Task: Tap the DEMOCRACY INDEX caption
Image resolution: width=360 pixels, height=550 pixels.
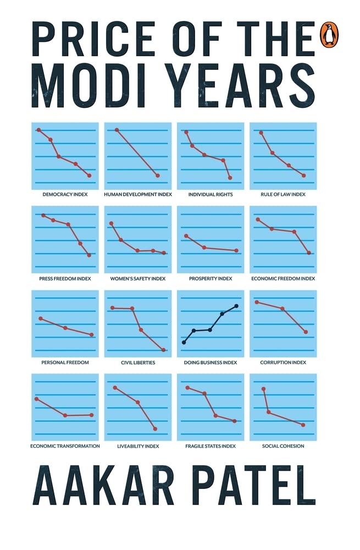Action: [65, 195]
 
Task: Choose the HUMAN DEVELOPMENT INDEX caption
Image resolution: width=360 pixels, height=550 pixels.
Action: [138, 195]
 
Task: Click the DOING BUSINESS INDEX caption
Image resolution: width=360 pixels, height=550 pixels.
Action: [211, 363]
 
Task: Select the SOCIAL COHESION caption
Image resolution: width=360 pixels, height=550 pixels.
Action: [283, 446]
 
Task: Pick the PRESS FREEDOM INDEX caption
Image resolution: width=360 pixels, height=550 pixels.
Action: [65, 279]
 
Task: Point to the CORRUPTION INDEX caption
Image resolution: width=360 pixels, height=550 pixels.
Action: [283, 363]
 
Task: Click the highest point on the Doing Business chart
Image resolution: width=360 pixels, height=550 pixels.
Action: [236, 306]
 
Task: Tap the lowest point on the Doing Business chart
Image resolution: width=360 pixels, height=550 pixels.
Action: [184, 343]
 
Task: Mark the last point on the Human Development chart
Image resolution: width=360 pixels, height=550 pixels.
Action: [158, 175]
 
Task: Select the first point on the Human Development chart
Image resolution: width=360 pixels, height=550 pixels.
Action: [117, 130]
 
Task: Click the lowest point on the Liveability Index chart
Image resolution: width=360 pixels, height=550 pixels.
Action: [156, 429]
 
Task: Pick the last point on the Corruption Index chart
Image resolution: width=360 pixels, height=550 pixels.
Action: [306, 332]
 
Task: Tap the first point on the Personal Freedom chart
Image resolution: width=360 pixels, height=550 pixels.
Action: [41, 318]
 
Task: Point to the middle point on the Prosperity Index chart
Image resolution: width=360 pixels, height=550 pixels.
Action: [204, 248]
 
